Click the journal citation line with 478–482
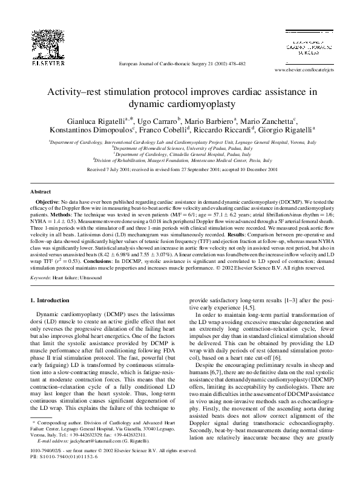pyautogui.click(x=182, y=63)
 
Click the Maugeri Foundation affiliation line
pyautogui.click(x=182, y=162)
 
